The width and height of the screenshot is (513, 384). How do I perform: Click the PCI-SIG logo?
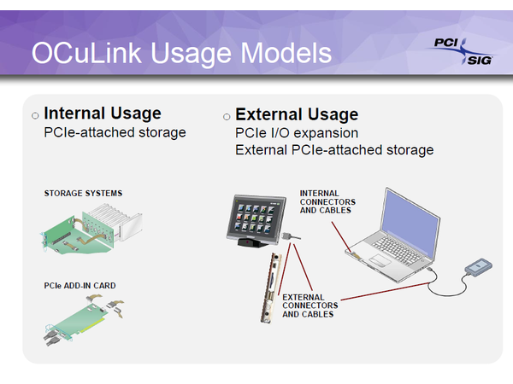[462, 52]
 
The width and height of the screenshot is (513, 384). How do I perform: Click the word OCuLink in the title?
[86, 53]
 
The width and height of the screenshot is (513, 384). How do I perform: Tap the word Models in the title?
[286, 53]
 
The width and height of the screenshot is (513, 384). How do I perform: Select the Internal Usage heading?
[103, 113]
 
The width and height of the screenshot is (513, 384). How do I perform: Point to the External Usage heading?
[297, 114]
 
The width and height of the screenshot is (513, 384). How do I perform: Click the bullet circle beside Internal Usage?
[35, 115]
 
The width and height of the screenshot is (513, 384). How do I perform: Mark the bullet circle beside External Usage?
[227, 117]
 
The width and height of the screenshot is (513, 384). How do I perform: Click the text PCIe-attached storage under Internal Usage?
[115, 132]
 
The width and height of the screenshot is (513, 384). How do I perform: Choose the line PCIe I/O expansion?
[297, 133]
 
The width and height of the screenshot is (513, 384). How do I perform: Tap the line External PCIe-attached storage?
[334, 150]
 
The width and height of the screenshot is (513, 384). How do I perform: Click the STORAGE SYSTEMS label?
[83, 194]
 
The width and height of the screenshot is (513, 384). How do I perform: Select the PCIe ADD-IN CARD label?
[80, 286]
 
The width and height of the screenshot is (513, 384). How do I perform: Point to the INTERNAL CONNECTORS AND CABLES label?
[327, 201]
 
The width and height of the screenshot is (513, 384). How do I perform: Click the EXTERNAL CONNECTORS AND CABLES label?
[310, 305]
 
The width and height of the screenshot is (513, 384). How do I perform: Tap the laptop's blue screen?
[411, 222]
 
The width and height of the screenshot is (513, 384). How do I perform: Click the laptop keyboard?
[397, 249]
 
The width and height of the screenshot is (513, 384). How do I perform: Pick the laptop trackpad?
[380, 260]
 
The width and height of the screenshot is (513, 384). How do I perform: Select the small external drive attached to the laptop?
[479, 267]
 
